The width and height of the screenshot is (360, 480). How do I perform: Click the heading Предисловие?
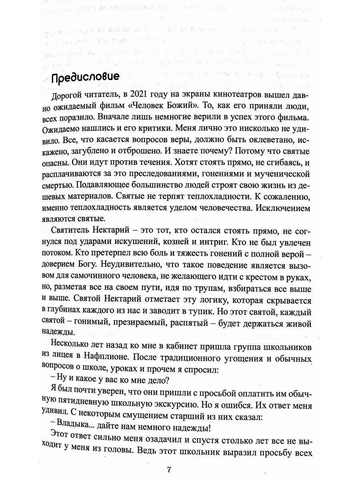(x=85, y=77)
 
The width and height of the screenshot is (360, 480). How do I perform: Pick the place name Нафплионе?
(x=105, y=357)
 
